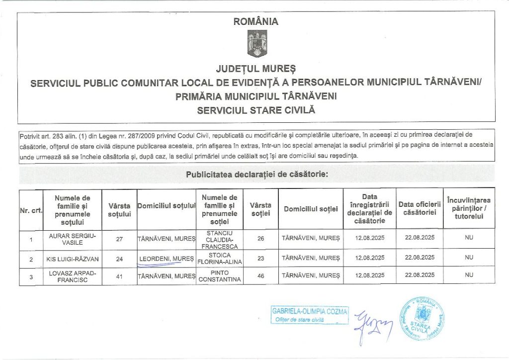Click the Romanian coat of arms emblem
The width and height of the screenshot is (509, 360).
[257, 44]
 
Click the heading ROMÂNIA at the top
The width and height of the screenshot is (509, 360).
[256, 21]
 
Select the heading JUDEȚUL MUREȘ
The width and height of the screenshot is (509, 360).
[256, 67]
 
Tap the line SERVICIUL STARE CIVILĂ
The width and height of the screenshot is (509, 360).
[256, 110]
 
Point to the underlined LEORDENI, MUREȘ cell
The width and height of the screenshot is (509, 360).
[167, 259]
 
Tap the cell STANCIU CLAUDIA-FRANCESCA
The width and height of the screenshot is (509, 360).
[219, 239]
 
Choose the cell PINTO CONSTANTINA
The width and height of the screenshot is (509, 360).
[219, 276]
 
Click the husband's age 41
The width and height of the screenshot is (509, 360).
[119, 276]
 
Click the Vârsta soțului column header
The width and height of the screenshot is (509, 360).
[119, 209]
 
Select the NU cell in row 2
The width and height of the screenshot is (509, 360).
[469, 258]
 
